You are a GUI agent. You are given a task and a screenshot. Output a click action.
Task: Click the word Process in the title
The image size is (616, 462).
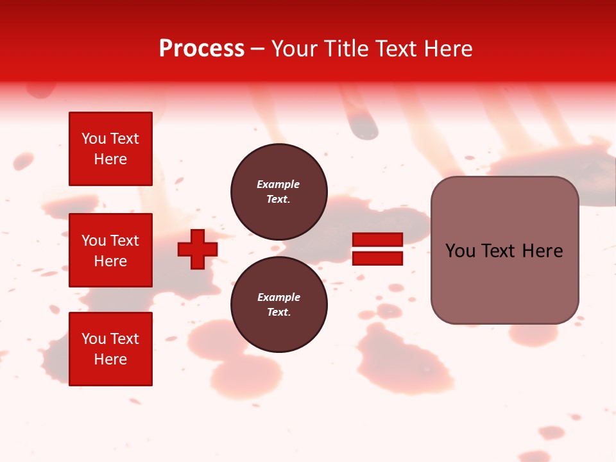click(201, 49)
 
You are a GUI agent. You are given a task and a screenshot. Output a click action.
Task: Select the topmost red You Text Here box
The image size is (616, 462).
click(110, 149)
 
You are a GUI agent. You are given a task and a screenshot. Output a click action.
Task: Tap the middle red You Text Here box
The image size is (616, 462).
click(110, 250)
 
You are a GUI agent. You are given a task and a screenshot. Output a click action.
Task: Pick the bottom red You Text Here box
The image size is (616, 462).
click(110, 348)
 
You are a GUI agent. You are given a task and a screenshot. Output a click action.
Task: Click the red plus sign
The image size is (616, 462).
click(198, 250)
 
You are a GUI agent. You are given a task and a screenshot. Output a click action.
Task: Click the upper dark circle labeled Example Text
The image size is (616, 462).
click(278, 192)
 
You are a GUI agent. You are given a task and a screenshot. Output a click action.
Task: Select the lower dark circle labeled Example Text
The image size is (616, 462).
click(278, 305)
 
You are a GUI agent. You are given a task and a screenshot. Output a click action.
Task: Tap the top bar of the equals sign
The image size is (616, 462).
click(377, 240)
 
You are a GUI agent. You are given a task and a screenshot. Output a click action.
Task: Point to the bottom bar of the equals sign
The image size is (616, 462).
click(377, 259)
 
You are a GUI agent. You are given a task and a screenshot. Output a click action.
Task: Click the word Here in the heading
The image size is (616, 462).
click(447, 49)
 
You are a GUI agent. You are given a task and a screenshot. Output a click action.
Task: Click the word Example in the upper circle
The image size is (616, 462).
click(278, 184)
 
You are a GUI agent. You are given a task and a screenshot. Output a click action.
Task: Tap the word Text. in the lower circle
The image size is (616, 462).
click(278, 312)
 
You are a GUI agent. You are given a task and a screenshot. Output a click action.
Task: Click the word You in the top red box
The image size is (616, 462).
click(94, 139)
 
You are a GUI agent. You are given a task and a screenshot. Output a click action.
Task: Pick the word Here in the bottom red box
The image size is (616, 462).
click(110, 359)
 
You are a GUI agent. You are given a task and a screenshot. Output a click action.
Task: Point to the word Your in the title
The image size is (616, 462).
click(294, 49)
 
